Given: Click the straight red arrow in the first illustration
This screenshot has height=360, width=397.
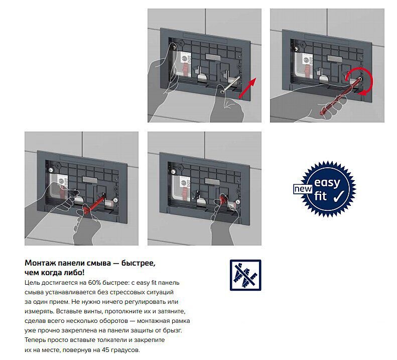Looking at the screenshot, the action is click(247, 88).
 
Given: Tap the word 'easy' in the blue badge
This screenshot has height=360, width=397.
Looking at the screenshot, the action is click(327, 182).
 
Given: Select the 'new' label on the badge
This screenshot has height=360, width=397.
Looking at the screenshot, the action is click(303, 189).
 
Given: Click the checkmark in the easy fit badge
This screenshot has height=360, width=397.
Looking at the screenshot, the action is click(338, 196).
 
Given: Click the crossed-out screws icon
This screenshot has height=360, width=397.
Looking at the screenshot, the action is click(245, 275).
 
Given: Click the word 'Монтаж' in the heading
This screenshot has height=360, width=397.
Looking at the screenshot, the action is click(40, 263).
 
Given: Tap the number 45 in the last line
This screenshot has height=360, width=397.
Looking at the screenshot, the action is click(105, 350).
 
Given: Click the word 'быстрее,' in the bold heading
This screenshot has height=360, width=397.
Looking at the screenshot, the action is click(138, 263).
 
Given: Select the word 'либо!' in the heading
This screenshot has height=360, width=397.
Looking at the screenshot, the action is click(76, 273).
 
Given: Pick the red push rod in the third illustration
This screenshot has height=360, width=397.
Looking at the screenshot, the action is click(93, 203).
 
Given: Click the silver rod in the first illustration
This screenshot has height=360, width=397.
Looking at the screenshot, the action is click(230, 84).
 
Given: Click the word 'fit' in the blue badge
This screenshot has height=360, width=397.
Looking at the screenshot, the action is click(321, 196).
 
